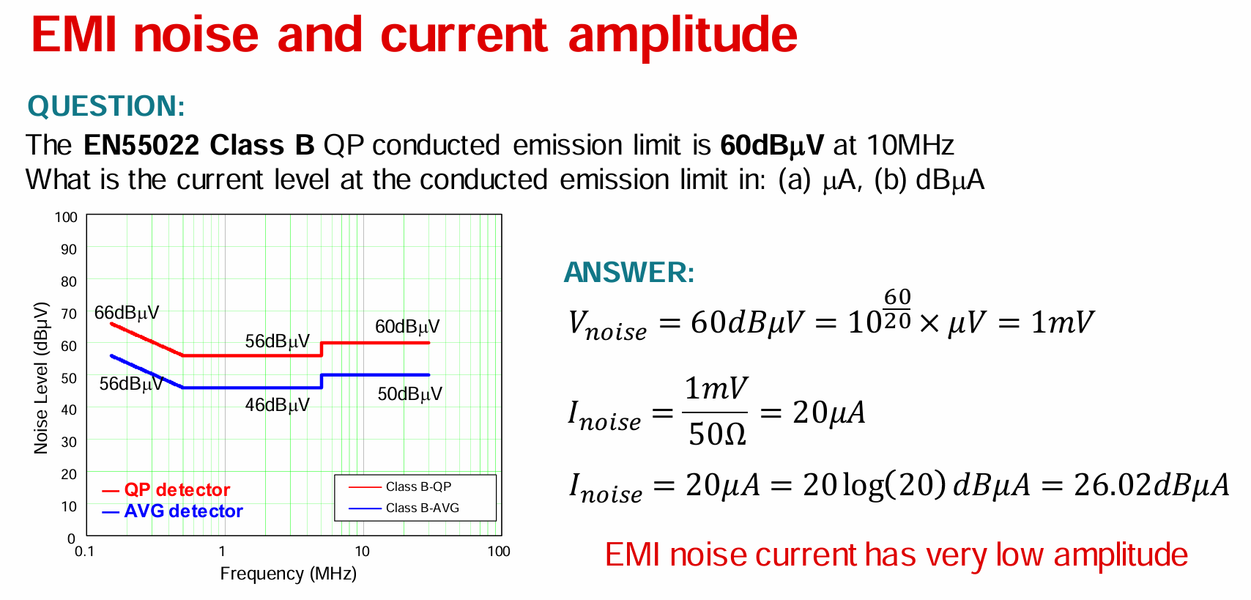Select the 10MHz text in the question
click(x=910, y=145)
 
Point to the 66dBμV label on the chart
click(x=127, y=313)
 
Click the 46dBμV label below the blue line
click(x=277, y=405)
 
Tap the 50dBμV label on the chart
click(x=409, y=394)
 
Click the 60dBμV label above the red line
click(x=407, y=327)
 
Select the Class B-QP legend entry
click(x=418, y=487)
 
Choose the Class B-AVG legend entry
click(x=422, y=508)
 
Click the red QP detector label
click(x=177, y=490)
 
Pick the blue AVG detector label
click(x=183, y=511)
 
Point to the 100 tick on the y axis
click(x=66, y=218)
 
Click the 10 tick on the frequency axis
click(x=362, y=552)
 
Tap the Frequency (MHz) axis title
click(x=288, y=574)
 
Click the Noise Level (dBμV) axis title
click(x=42, y=378)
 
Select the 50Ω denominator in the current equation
click(x=716, y=434)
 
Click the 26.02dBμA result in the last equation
click(x=1151, y=485)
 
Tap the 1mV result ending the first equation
click(x=1062, y=322)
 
